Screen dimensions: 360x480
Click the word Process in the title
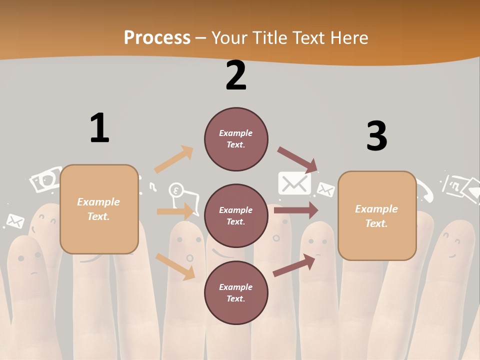(157, 37)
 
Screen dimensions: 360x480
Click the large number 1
(99, 128)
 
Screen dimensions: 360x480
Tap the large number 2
(236, 75)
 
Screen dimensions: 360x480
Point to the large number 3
(376, 136)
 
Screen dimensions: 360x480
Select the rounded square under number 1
(99, 209)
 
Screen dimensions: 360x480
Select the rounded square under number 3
(377, 215)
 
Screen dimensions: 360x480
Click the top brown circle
(236, 139)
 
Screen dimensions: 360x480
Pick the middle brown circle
(236, 215)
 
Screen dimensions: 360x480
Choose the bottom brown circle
(236, 292)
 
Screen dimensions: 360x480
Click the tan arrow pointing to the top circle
(173, 159)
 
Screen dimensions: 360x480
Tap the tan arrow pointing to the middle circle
(175, 211)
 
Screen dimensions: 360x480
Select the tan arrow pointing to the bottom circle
(175, 266)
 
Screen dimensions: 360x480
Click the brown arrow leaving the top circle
(297, 159)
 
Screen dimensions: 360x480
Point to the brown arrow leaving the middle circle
(296, 210)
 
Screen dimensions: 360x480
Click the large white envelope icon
(294, 183)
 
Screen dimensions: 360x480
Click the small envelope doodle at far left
(15, 220)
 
